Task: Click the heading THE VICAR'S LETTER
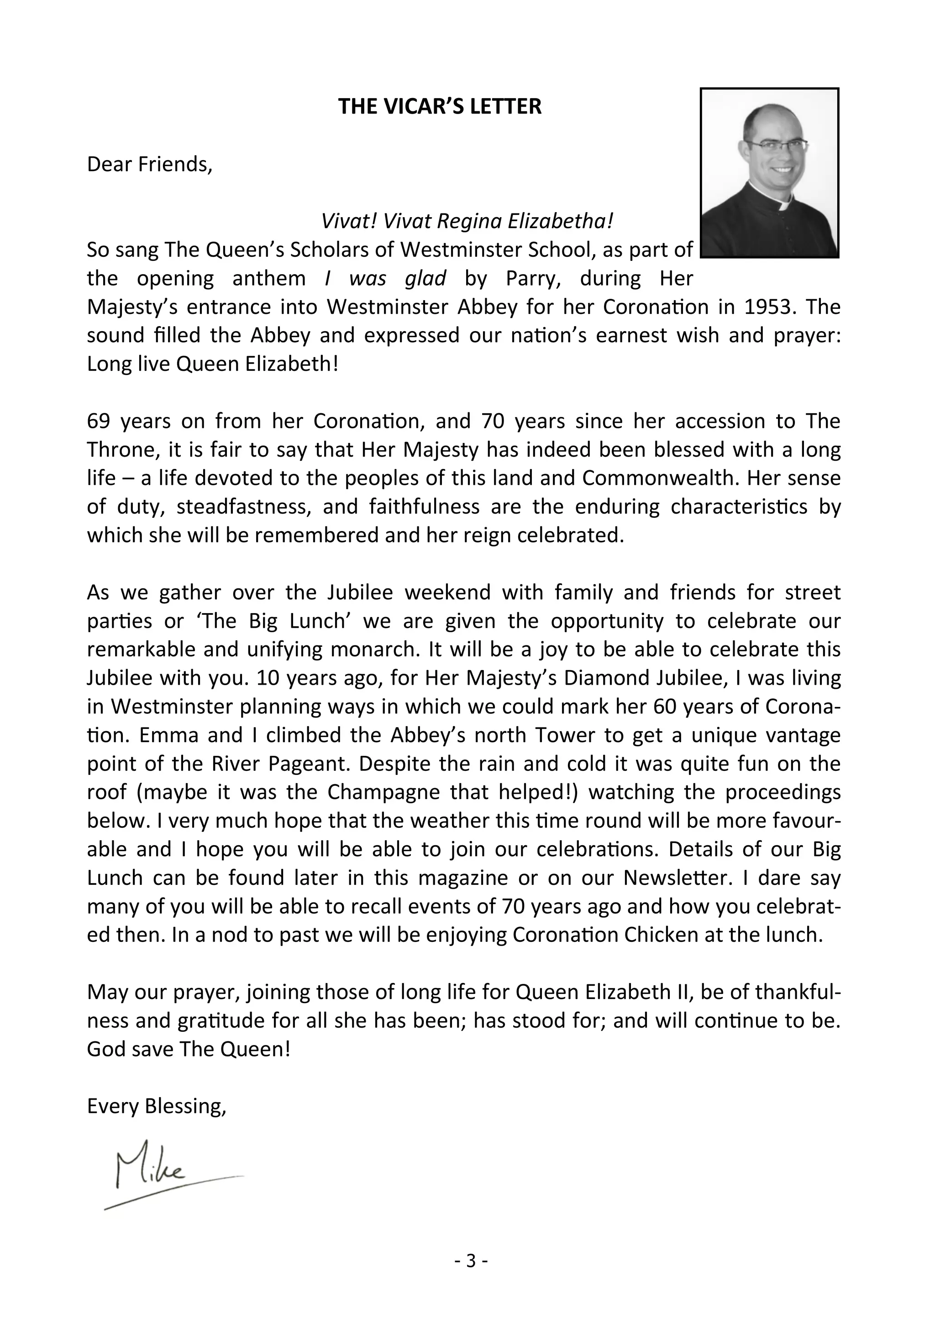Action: pos(440,106)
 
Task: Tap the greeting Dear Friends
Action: pos(150,164)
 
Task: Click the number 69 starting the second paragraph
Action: pos(98,421)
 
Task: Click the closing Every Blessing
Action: pos(156,1106)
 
